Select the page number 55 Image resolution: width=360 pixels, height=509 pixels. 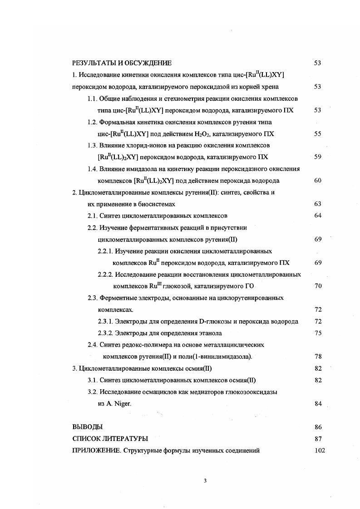tap(318, 134)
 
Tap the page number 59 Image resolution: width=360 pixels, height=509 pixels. tap(318, 157)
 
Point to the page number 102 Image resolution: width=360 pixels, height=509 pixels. tap(320, 450)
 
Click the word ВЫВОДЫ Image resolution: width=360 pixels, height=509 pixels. tap(87, 427)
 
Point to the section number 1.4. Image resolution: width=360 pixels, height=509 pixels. tap(93, 169)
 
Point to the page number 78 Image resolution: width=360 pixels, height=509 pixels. tap(318, 357)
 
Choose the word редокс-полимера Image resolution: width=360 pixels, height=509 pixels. tap(143, 345)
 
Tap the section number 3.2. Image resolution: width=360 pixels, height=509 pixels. tap(93, 392)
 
